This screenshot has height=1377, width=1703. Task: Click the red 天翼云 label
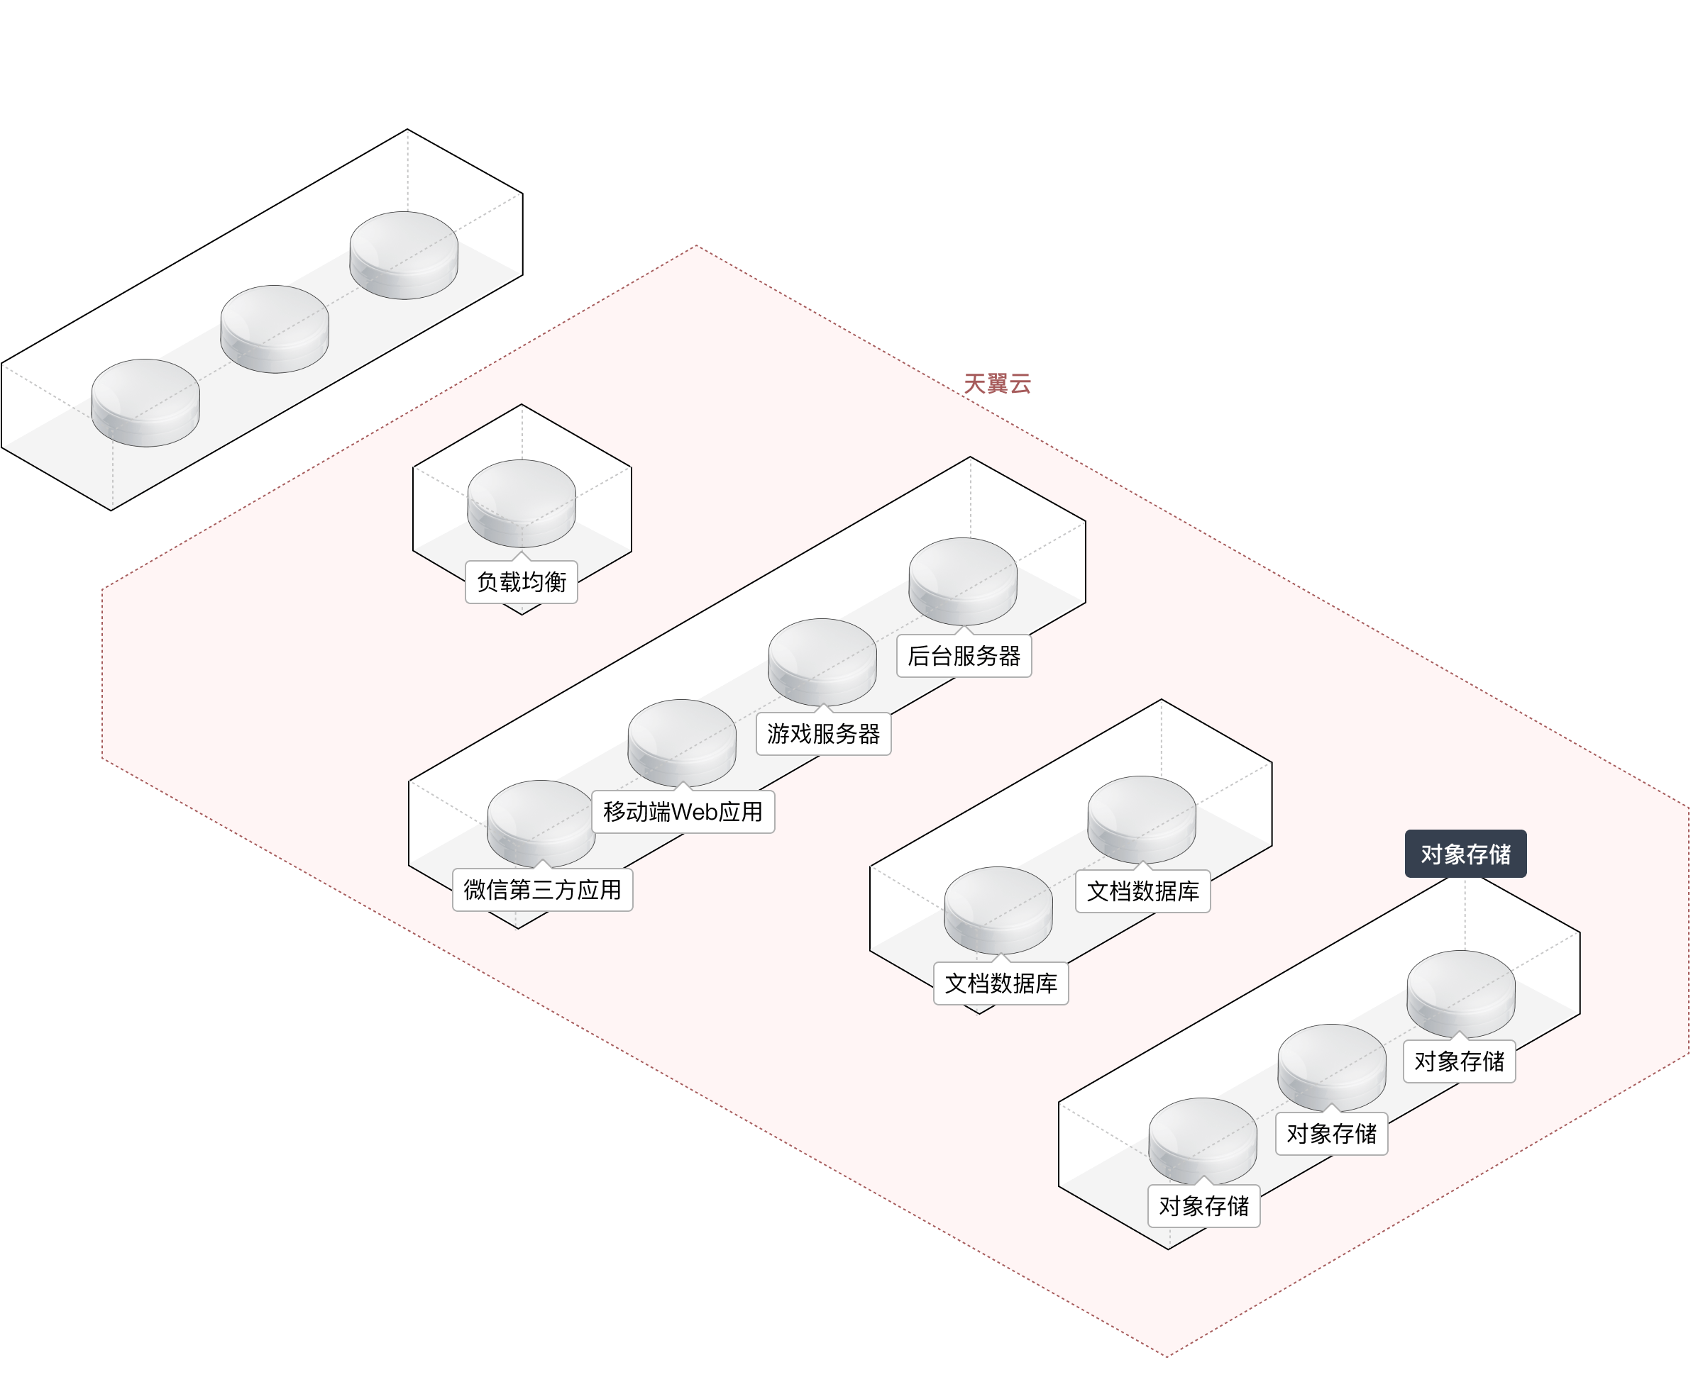(997, 384)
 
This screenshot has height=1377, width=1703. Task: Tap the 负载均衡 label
(522, 582)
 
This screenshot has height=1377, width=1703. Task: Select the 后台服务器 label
(964, 656)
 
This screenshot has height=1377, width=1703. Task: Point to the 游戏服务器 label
(823, 734)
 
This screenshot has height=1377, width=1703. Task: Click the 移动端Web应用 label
(683, 811)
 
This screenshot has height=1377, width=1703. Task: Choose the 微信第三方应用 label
(542, 890)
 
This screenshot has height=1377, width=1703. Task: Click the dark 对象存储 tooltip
(1465, 854)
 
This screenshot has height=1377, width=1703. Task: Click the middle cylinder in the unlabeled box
(275, 328)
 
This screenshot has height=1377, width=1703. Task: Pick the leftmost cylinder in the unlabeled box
(145, 401)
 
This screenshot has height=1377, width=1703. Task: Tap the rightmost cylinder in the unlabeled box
(404, 254)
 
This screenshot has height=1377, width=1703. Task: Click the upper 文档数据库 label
(1142, 891)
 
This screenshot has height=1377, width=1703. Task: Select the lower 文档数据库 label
(1001, 983)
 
